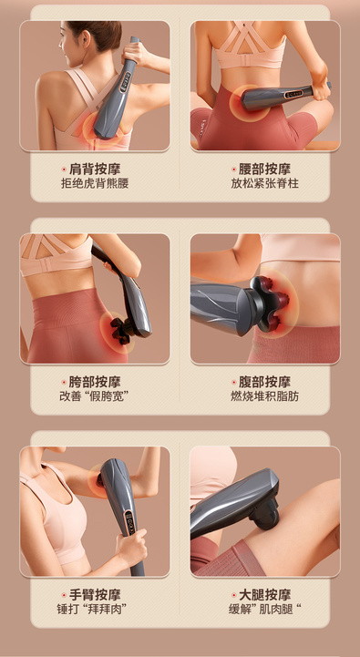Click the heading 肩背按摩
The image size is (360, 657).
point(95,169)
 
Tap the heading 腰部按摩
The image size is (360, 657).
point(264,169)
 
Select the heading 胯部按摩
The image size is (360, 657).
point(95,382)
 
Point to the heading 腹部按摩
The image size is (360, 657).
point(264,382)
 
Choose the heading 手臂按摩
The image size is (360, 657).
point(95,594)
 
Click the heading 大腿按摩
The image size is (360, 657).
point(264,594)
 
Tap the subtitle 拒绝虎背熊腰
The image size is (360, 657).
point(95,183)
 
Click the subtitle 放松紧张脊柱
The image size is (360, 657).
point(264,183)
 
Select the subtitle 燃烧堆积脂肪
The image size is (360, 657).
point(264,396)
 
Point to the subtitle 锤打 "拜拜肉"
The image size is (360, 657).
point(91,609)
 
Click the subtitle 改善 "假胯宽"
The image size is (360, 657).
point(94,396)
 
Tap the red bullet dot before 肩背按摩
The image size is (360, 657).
point(64,169)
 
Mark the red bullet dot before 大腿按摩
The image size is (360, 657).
point(234,594)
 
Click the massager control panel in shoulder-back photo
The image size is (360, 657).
point(125,81)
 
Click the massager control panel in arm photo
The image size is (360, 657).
point(130,520)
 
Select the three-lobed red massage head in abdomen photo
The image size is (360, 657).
point(271,300)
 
